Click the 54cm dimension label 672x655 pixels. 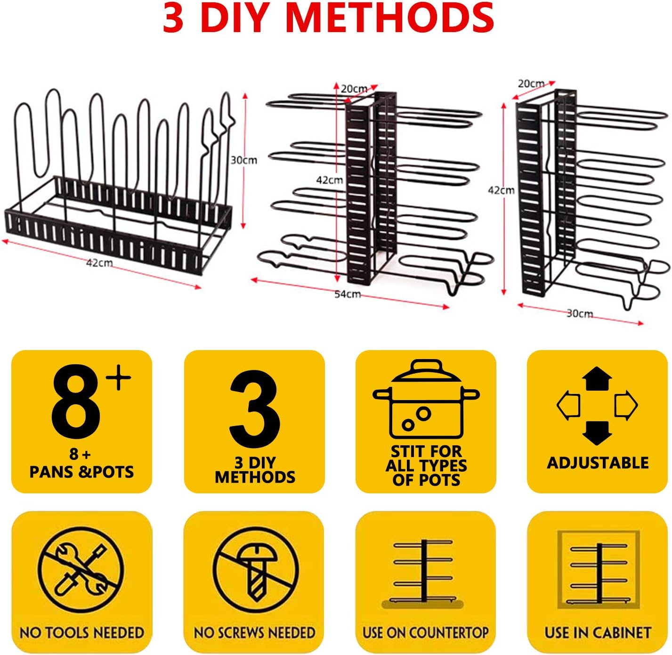coord(348,294)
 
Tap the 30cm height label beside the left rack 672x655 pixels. coord(244,160)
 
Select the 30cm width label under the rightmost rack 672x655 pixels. coord(580,313)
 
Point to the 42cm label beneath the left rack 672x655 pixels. coord(99,263)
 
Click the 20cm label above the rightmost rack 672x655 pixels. coord(531,83)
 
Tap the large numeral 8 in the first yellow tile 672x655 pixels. coord(76,402)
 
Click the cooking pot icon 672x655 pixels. coord(426,399)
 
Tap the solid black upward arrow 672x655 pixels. coord(597,379)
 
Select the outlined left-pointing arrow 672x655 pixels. coord(568,406)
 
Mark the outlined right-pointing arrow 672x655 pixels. coord(626,406)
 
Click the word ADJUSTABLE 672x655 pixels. coord(598,463)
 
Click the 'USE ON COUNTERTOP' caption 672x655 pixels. coord(425,632)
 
